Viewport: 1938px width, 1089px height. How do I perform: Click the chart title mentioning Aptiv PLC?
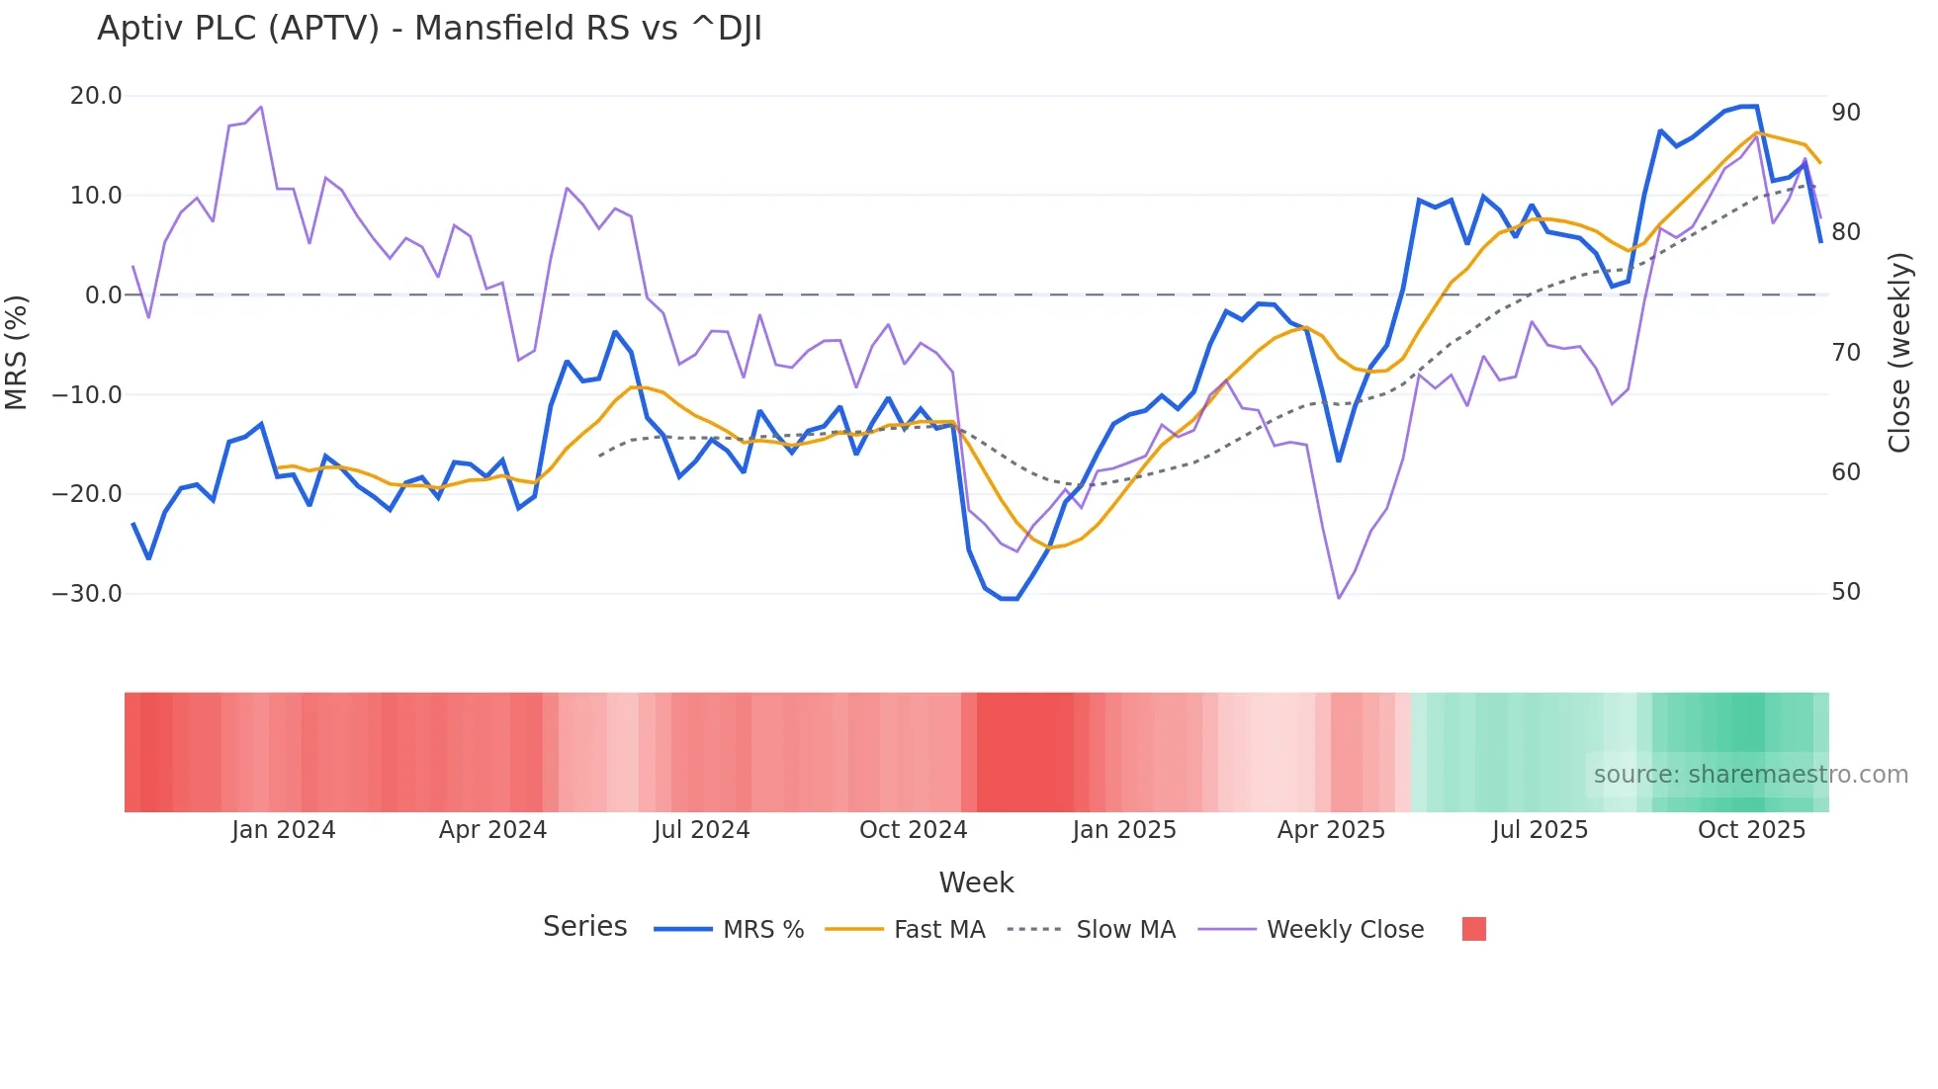(429, 29)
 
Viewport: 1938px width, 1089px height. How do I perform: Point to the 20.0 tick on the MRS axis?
(96, 96)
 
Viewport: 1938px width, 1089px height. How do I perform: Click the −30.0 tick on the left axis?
(87, 594)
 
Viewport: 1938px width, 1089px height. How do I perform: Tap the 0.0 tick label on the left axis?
(103, 294)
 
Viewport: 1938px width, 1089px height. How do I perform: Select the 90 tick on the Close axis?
(1845, 113)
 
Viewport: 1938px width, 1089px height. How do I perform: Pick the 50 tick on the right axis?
(1845, 592)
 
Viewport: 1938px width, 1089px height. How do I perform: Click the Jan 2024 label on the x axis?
(284, 830)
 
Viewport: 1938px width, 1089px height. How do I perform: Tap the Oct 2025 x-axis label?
(1751, 830)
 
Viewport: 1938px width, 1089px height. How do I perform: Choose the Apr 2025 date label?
(1331, 830)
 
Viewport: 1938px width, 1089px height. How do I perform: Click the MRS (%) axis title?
(17, 352)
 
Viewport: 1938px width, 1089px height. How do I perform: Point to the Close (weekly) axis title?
(1898, 352)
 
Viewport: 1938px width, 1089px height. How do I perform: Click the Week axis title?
(976, 882)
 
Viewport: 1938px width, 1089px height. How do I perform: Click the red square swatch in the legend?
(1473, 929)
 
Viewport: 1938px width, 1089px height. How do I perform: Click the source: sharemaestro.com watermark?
(1750, 775)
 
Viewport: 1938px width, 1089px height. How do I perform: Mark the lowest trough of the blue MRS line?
(1009, 599)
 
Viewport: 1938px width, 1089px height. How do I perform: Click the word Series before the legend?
(584, 927)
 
